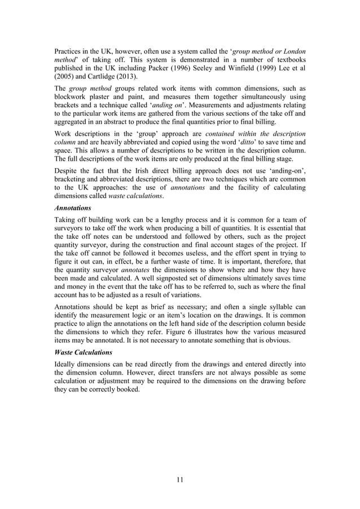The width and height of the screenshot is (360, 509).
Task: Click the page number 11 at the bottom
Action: coord(179,480)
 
